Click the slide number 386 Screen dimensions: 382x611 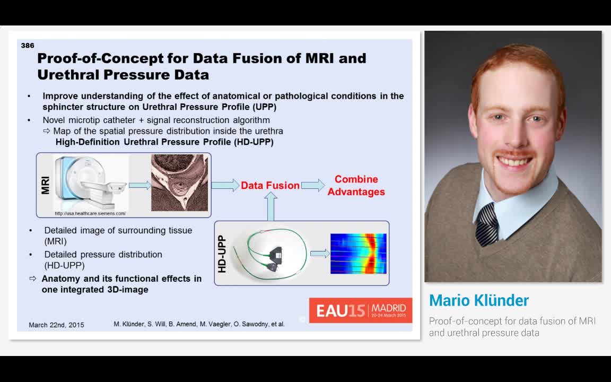point(28,46)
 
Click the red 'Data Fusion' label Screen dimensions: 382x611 point(270,186)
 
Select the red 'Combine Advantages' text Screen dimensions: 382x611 point(356,186)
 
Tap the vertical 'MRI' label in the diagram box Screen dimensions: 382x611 point(46,185)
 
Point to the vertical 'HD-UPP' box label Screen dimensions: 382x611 point(222,254)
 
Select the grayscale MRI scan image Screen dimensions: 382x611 point(179,183)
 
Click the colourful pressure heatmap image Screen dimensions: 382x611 point(358,254)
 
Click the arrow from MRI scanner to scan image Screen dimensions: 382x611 point(139,185)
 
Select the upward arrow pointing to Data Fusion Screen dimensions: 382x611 point(270,206)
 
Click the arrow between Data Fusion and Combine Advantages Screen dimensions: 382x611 point(313,185)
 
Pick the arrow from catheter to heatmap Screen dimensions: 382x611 point(319,254)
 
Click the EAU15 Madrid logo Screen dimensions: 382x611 point(361,310)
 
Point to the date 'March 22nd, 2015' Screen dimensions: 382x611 point(56,325)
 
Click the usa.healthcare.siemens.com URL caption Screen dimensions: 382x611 point(90,213)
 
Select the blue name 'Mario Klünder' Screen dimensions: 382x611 point(478,301)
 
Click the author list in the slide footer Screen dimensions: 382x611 point(199,324)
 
